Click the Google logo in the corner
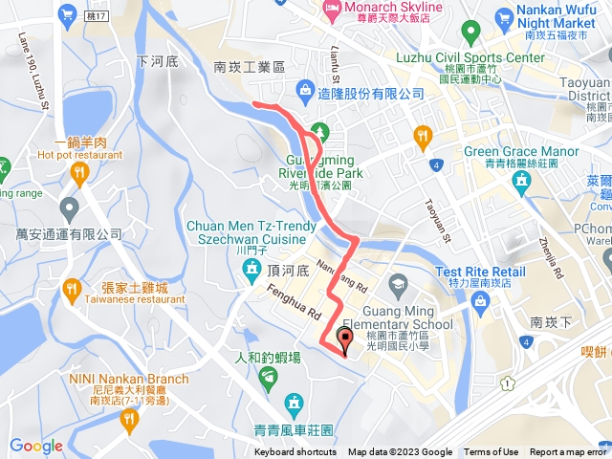click(x=36, y=446)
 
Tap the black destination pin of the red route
click(x=345, y=338)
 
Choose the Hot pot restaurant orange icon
click(x=78, y=171)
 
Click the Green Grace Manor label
click(x=521, y=151)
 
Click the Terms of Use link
click(x=491, y=452)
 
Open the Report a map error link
click(x=570, y=452)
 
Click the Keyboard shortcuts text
click(x=295, y=452)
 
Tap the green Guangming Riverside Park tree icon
click(x=318, y=131)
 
